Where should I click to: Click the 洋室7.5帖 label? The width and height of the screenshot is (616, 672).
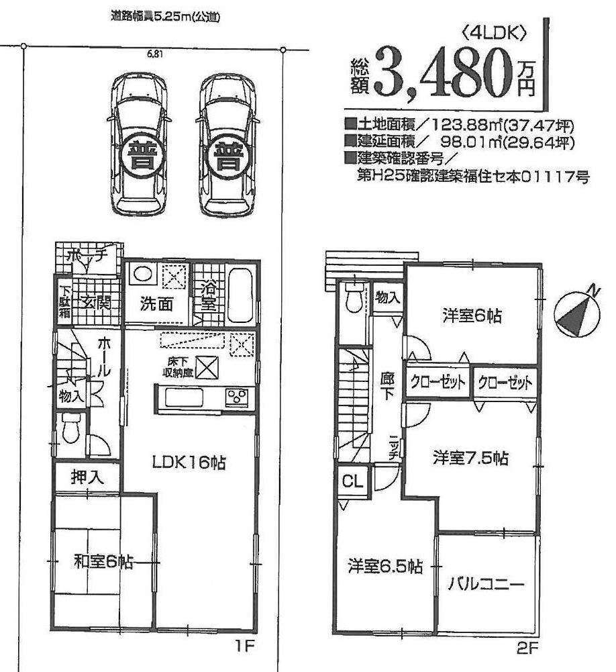click(x=470, y=459)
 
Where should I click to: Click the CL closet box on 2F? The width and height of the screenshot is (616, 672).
click(x=350, y=481)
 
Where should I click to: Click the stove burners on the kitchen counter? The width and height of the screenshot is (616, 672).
click(x=238, y=398)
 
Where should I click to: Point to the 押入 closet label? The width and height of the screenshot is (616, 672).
click(x=87, y=478)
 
